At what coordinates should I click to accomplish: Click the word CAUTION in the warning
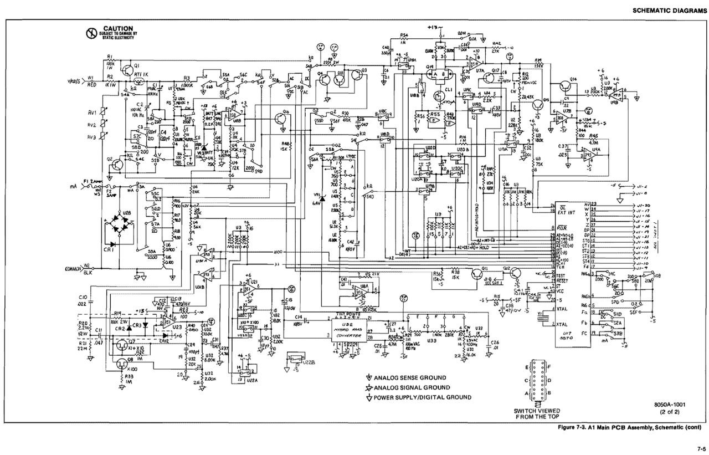click(117, 28)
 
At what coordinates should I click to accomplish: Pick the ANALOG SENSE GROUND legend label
click(409, 378)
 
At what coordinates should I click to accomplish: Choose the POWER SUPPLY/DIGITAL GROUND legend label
click(423, 397)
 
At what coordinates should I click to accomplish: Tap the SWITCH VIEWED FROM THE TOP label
click(537, 413)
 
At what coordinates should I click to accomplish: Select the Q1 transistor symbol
click(129, 71)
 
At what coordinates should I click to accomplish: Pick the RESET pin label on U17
click(562, 281)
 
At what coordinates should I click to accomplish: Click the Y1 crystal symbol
click(542, 317)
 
